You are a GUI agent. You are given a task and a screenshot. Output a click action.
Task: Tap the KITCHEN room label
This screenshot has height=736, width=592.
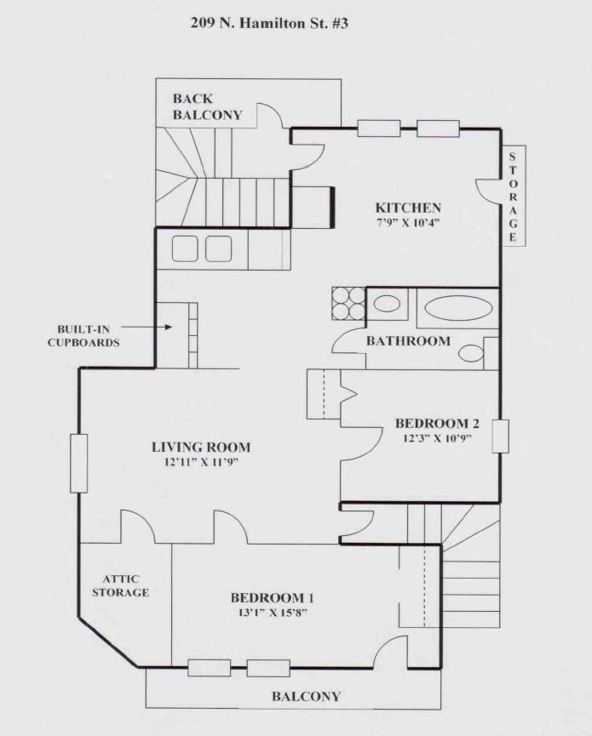coord(408,208)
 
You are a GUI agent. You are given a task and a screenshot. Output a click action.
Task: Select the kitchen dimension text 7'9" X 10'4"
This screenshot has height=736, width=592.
coord(408,222)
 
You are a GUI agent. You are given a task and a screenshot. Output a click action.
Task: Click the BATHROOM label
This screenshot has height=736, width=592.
coord(408,341)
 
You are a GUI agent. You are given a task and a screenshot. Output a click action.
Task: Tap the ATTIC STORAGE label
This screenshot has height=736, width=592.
coord(121,585)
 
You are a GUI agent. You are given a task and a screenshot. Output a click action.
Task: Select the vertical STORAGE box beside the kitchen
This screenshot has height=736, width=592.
coord(513,196)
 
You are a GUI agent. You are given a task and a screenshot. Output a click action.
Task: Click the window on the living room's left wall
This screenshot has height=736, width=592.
coord(79,464)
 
